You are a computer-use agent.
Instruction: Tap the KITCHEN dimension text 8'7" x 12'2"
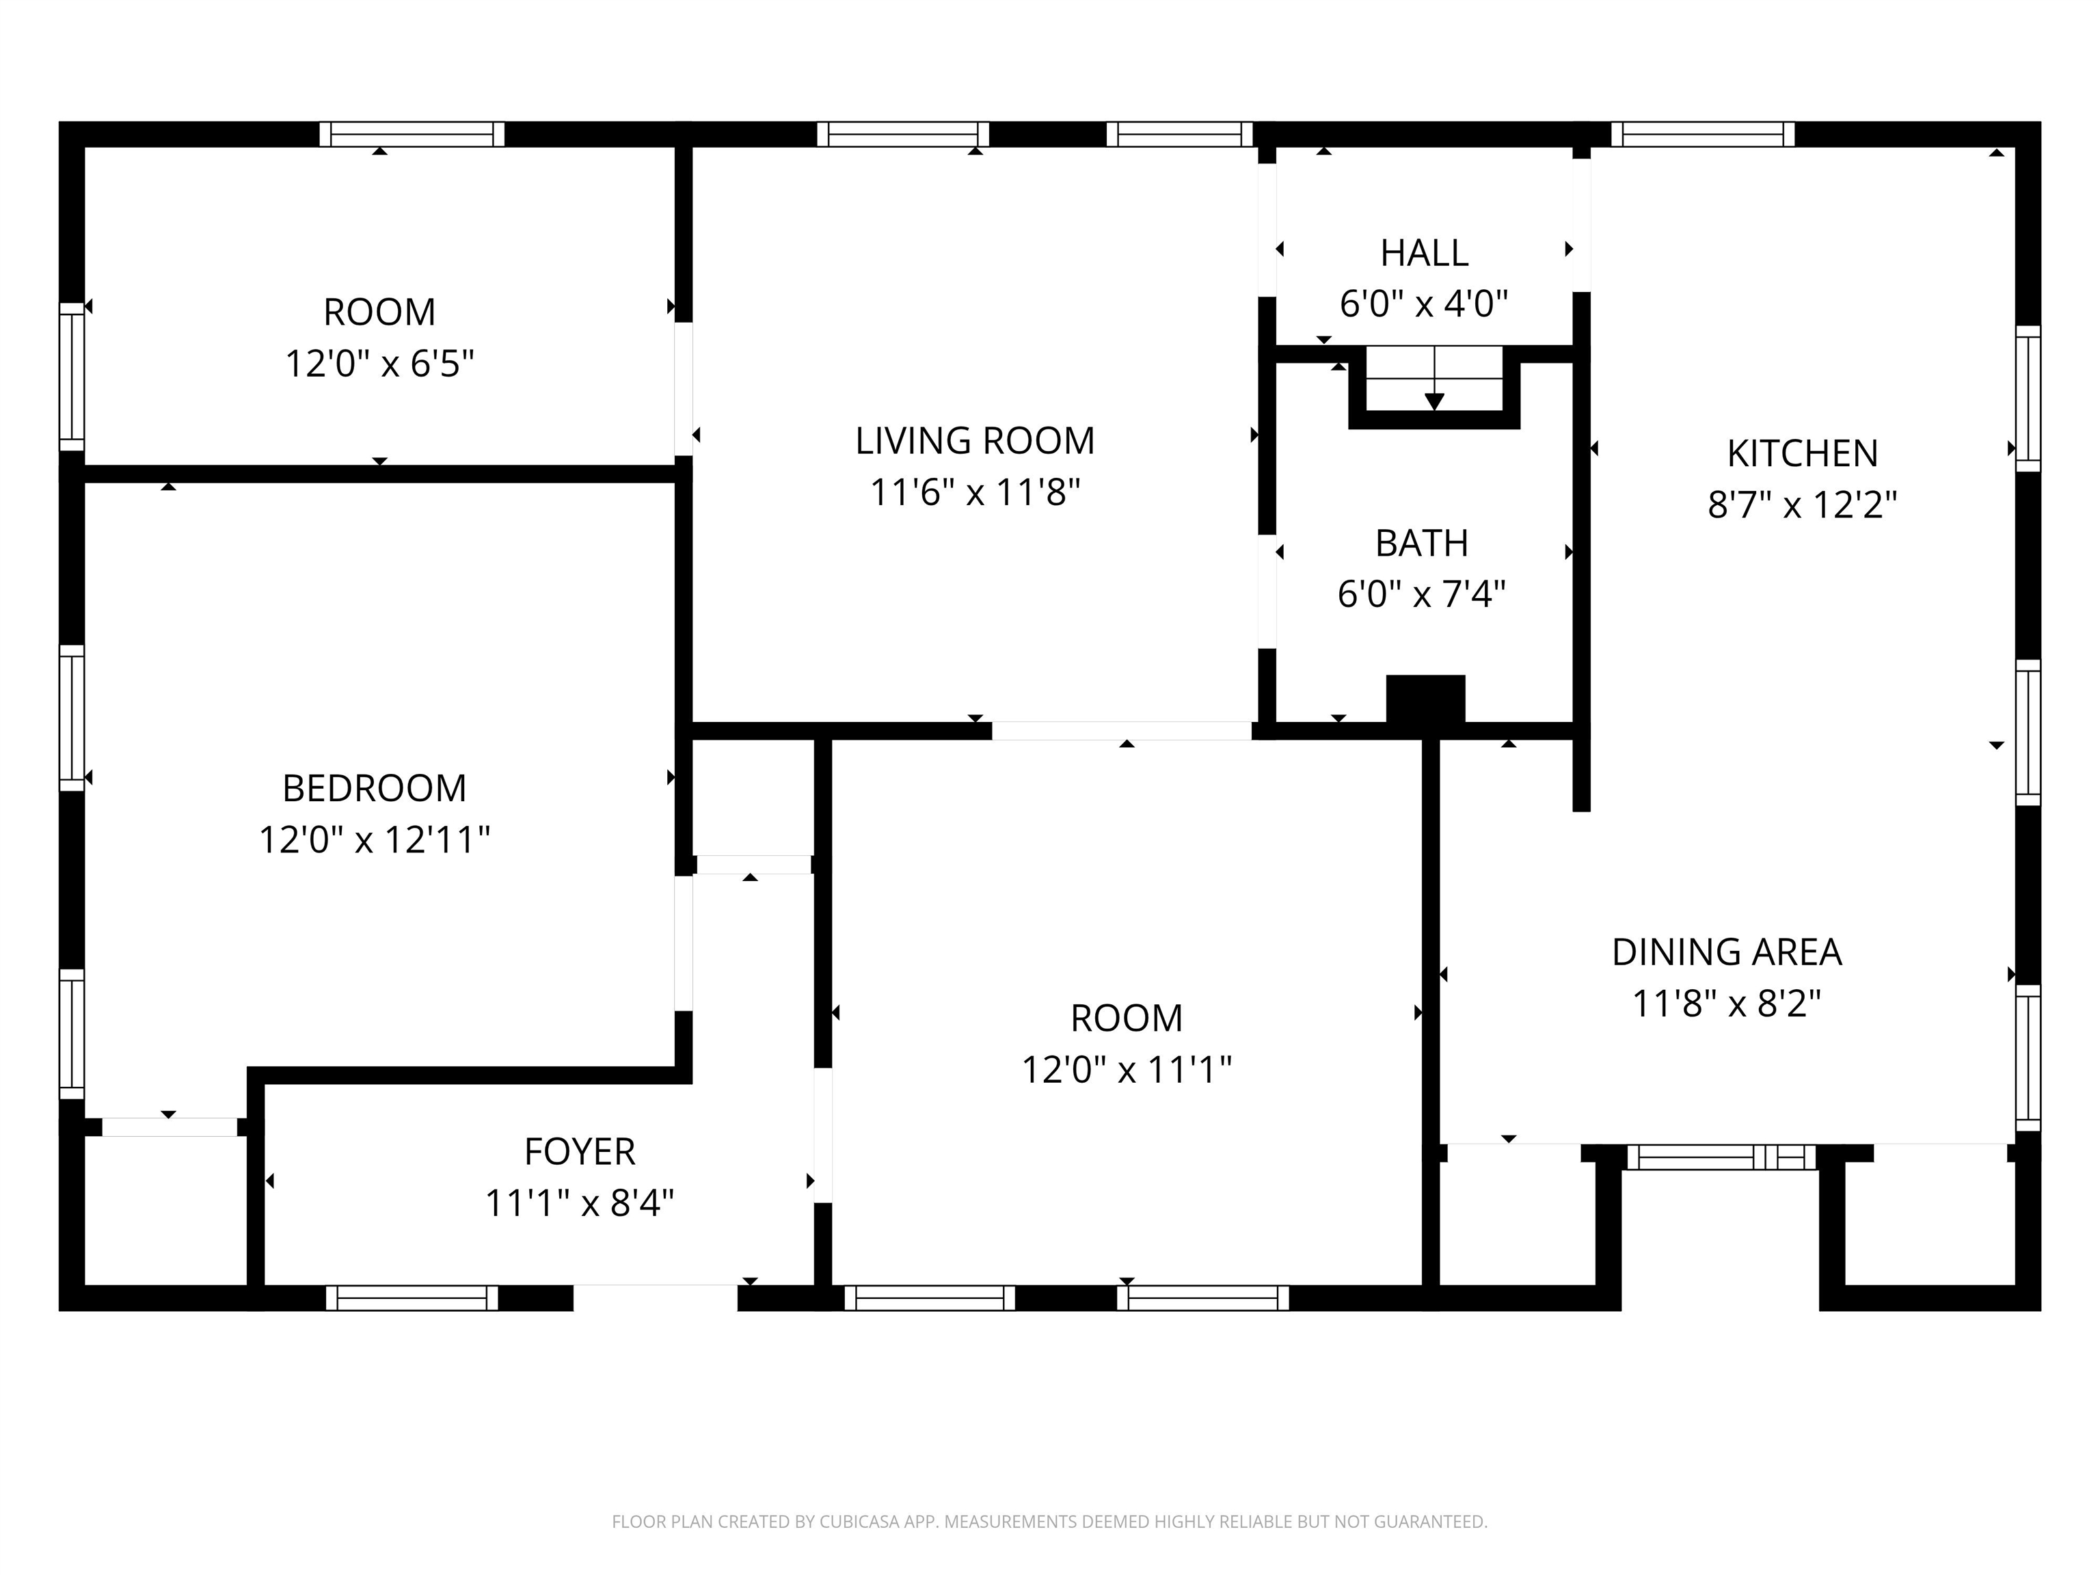click(1802, 505)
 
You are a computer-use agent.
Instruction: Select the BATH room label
click(1421, 543)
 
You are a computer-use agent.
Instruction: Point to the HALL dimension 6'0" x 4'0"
click(1423, 304)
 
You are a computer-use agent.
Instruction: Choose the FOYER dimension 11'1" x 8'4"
click(579, 1204)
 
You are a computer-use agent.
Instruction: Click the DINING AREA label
click(1726, 952)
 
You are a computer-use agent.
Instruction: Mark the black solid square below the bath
click(1425, 701)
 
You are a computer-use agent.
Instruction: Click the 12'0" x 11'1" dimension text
click(1126, 1070)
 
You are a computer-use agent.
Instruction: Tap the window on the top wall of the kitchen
click(1702, 135)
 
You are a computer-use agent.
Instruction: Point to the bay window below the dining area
click(1720, 1157)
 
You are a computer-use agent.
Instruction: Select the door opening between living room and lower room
click(1121, 731)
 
